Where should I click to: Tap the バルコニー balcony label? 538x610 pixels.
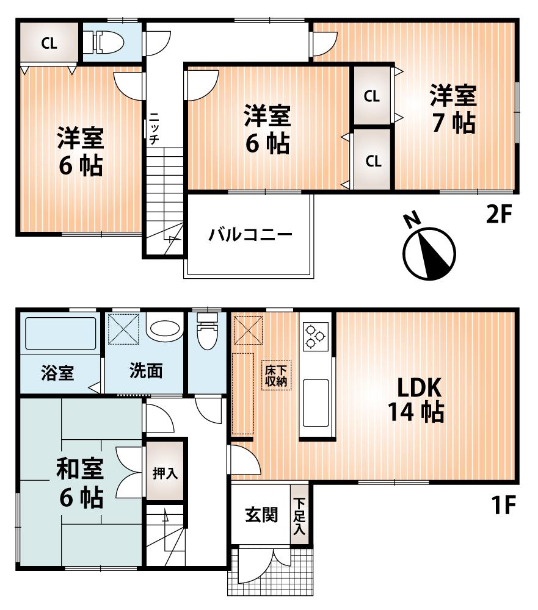pyautogui.click(x=249, y=235)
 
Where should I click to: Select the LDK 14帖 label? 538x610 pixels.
pyautogui.click(x=415, y=400)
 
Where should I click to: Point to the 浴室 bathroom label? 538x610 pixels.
pyautogui.click(x=58, y=373)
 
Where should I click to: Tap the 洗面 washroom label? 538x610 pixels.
pyautogui.click(x=145, y=371)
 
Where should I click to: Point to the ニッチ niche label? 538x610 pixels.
pyautogui.click(x=154, y=127)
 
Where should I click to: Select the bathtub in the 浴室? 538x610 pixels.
pyautogui.click(x=60, y=333)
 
